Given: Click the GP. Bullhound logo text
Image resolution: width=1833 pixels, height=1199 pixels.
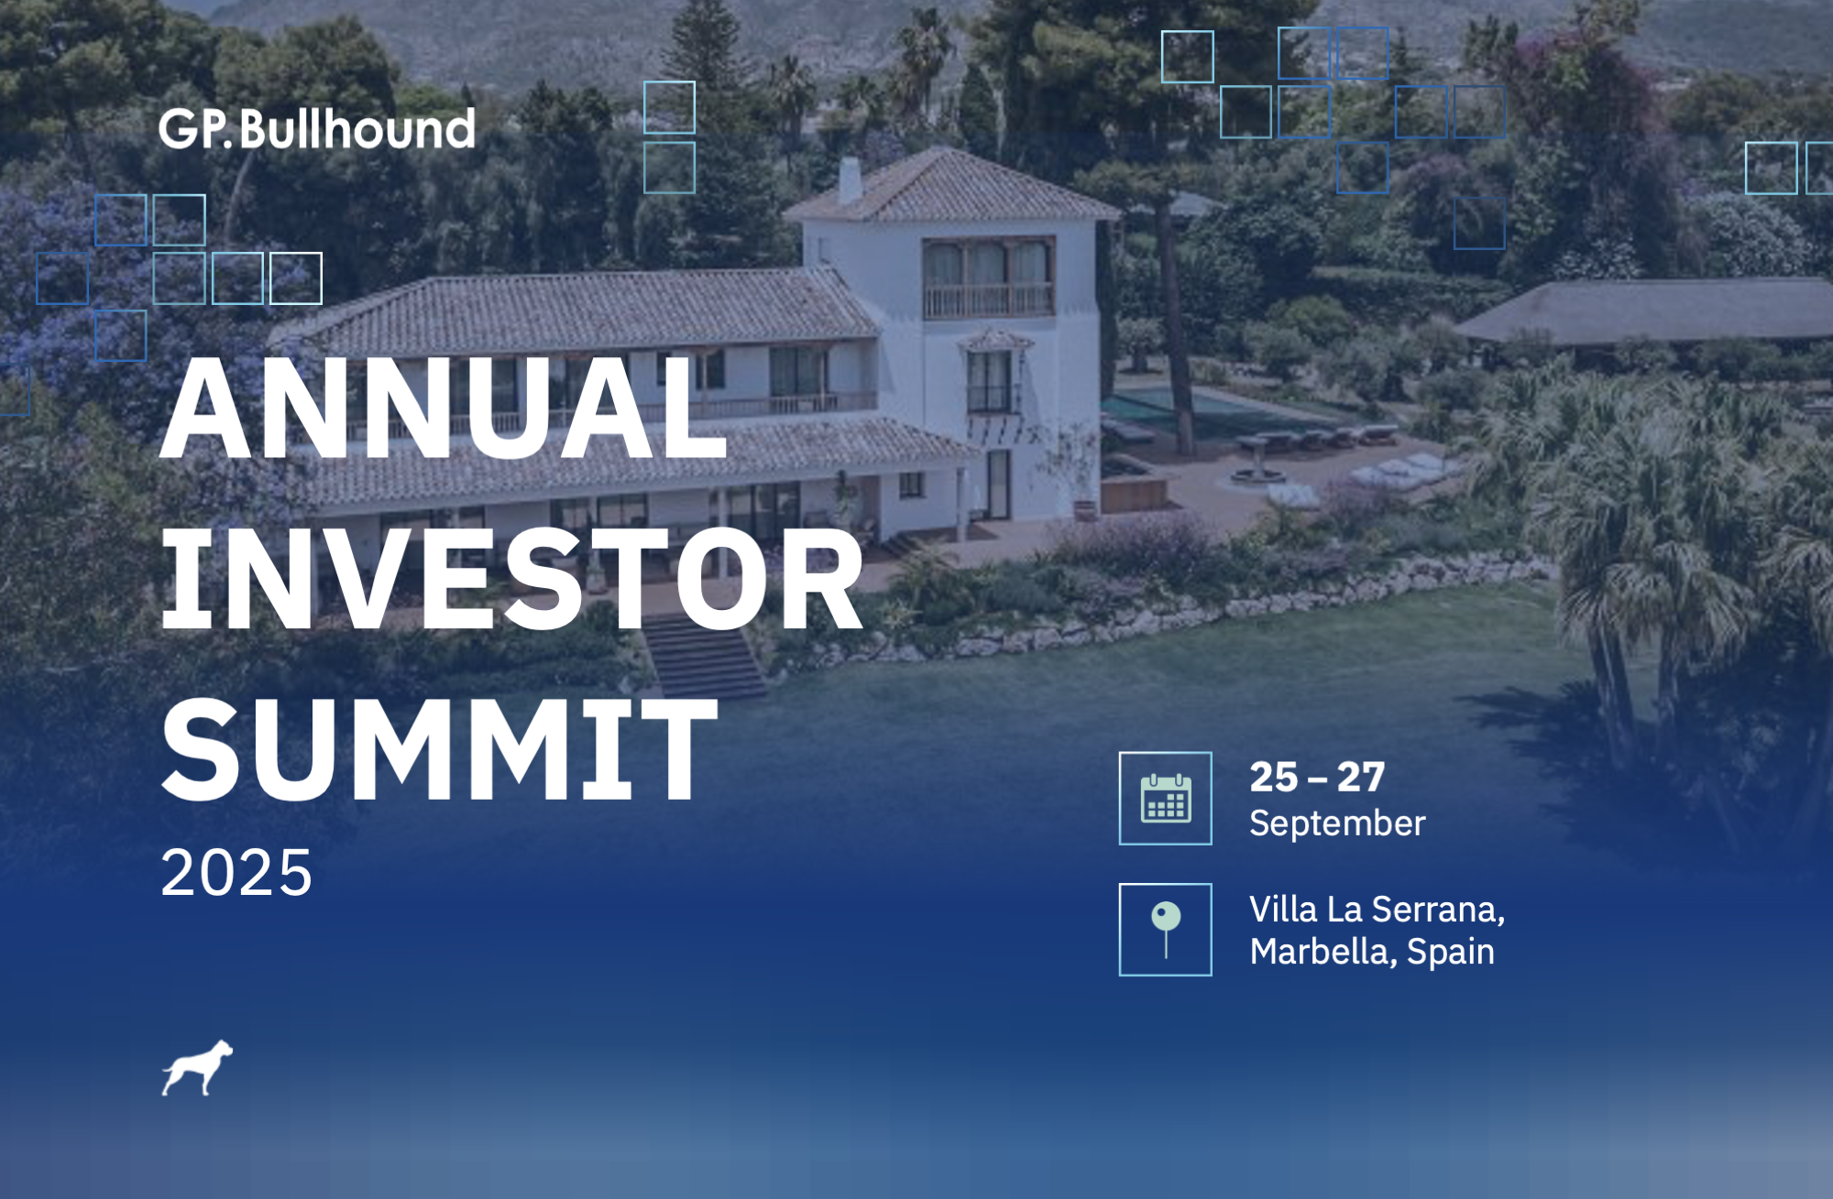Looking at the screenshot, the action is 317,129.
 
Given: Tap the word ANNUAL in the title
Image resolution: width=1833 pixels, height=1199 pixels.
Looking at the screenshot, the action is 445,408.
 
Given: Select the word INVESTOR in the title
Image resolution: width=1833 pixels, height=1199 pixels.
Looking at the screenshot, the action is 512,580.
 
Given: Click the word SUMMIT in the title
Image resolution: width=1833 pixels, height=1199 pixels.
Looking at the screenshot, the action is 440,749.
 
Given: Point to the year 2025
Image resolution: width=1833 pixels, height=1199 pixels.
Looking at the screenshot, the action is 236,872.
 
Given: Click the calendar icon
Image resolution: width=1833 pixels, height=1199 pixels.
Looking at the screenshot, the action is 1166,799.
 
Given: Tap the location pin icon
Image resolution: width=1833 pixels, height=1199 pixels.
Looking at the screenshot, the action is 1166,930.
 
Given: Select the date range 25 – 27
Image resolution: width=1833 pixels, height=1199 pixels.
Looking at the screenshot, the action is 1317,778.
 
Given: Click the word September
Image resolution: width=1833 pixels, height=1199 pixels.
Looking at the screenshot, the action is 1337,823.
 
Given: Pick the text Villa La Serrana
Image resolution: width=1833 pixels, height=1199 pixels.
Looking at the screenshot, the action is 1377,910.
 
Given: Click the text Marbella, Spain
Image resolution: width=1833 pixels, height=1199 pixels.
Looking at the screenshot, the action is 1372,952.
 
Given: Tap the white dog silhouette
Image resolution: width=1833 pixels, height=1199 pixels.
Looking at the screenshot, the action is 198,1068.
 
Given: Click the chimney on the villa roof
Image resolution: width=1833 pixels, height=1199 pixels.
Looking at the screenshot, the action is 851,180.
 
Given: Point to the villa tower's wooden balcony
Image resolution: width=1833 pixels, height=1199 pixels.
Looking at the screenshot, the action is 988,300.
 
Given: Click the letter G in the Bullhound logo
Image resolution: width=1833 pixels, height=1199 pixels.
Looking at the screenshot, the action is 177,130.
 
